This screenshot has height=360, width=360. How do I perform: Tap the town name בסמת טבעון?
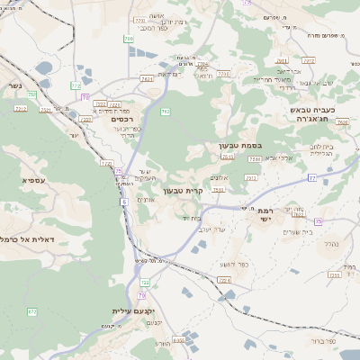(239, 145)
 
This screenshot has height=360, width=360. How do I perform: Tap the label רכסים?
(123, 119)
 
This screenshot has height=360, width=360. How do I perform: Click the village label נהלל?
(329, 243)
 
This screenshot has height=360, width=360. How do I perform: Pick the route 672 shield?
(32, 311)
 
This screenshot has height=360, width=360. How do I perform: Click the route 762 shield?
(31, 94)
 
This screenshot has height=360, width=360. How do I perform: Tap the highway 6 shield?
(123, 202)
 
